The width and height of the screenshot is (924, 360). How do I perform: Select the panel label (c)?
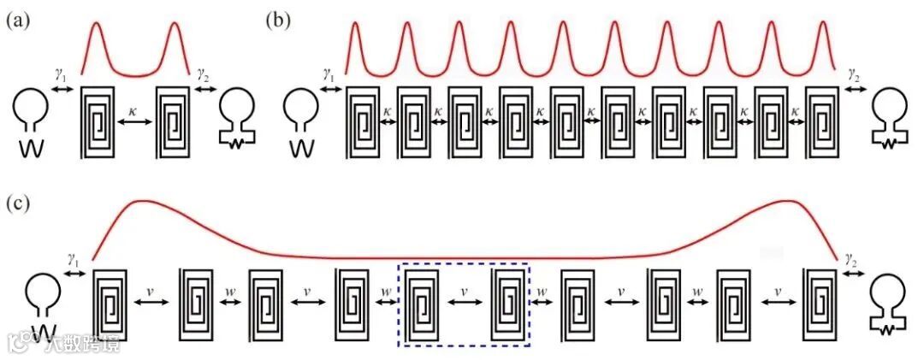pyautogui.click(x=19, y=204)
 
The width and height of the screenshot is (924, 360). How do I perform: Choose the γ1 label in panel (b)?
pyautogui.click(x=328, y=76)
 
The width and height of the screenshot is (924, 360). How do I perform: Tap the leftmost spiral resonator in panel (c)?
pyautogui.click(x=110, y=304)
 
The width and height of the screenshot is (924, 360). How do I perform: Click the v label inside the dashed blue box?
pyautogui.click(x=465, y=292)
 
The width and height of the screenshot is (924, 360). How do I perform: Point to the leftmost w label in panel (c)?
pyautogui.click(x=230, y=292)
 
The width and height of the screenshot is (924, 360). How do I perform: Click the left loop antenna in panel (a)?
pyautogui.click(x=29, y=120)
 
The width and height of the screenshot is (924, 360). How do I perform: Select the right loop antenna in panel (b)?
pyautogui.click(x=891, y=120)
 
